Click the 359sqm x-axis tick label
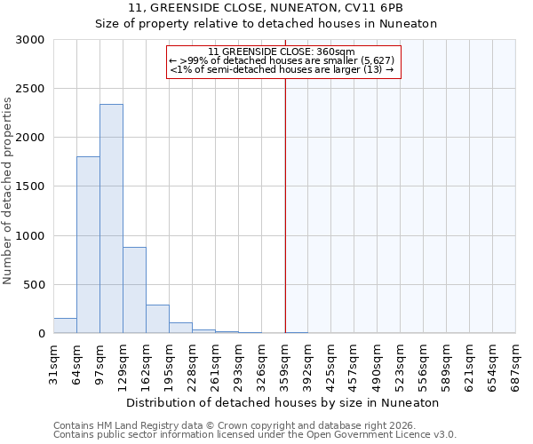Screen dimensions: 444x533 coord(285,363)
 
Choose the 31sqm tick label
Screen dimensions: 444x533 coord(53,361)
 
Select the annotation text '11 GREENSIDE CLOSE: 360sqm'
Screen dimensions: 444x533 coord(282,52)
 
